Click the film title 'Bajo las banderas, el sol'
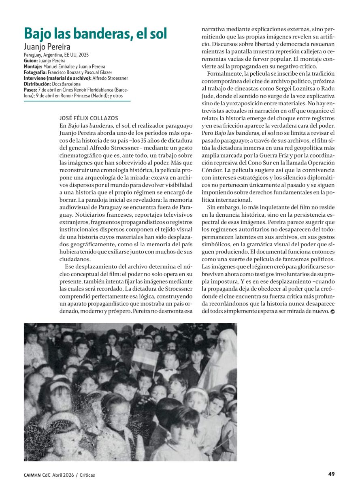(x=95, y=34)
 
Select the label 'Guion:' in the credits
(x=31, y=60)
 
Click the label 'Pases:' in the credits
(x=30, y=90)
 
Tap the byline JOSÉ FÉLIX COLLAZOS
(x=89, y=118)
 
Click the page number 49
(x=331, y=474)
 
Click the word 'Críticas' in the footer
(x=87, y=475)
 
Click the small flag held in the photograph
(x=145, y=357)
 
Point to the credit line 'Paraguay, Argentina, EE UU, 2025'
(x=56, y=55)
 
